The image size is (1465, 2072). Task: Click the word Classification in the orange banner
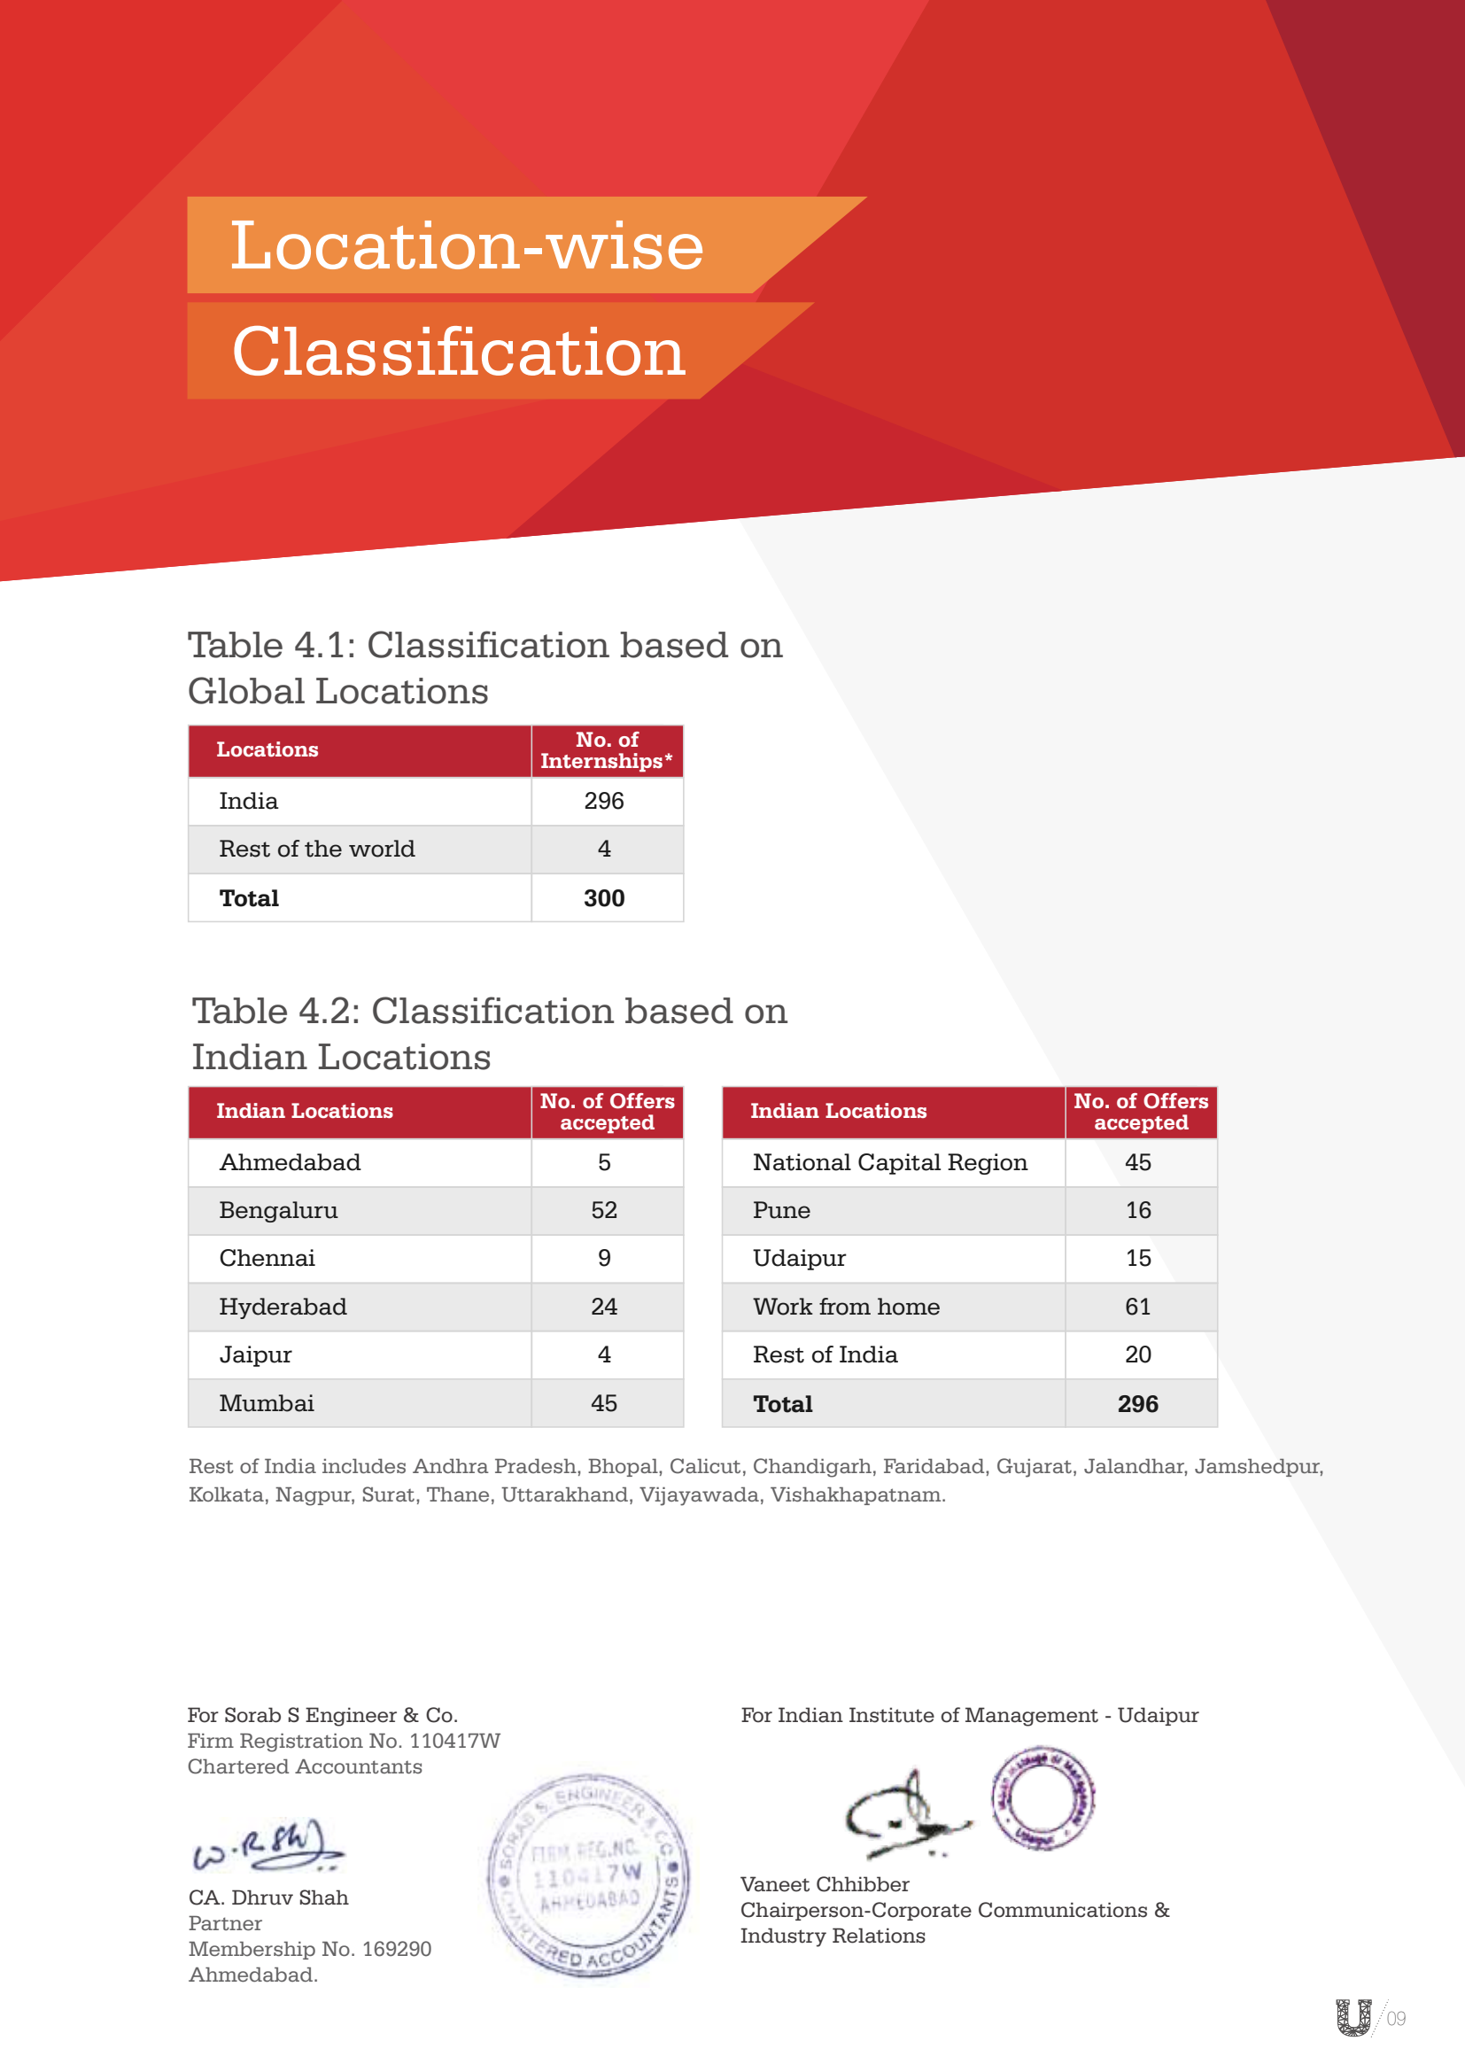click(x=458, y=351)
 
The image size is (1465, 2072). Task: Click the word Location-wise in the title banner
click(x=467, y=245)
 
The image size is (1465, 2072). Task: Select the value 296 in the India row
click(x=603, y=801)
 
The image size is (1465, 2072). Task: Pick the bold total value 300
click(x=603, y=898)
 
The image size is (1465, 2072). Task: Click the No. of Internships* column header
click(x=606, y=750)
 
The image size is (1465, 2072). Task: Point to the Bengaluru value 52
click(x=603, y=1210)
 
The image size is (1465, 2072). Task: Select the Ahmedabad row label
click(x=290, y=1162)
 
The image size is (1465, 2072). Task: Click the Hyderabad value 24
click(x=603, y=1306)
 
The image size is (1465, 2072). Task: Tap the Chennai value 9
click(x=603, y=1258)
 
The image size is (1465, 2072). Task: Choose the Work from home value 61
click(x=1137, y=1306)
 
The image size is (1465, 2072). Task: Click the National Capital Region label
click(x=889, y=1162)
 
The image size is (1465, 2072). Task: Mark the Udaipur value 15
click(x=1137, y=1258)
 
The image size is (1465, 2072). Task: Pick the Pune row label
click(x=781, y=1210)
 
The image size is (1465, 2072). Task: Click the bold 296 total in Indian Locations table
click(x=1137, y=1403)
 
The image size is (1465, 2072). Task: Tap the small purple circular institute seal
click(x=1042, y=1797)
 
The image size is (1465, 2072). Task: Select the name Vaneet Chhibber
click(x=825, y=1884)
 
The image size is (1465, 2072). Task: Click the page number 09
click(x=1396, y=2018)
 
